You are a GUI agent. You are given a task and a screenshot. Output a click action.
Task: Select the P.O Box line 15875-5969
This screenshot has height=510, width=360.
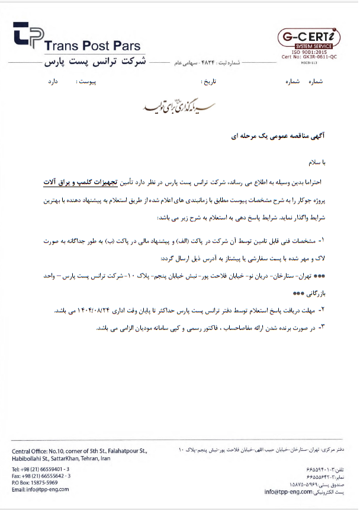(x=33, y=483)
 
